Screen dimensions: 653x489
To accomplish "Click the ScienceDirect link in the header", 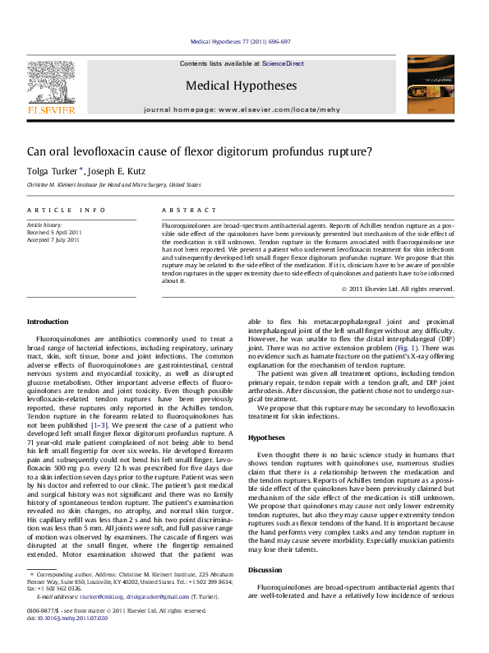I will click(283, 63).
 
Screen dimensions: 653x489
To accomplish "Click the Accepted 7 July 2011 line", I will click(54, 239).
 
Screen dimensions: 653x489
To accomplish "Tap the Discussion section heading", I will click(265, 570).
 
